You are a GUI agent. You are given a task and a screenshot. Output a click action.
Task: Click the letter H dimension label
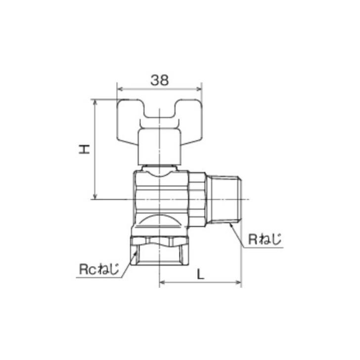point(85,149)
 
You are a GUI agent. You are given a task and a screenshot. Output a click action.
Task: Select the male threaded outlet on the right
point(224,199)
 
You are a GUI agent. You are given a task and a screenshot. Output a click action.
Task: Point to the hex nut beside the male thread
point(197,199)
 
